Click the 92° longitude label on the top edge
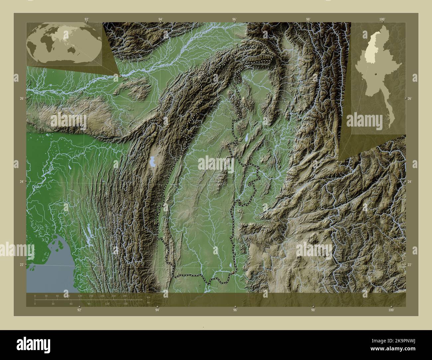(86, 19)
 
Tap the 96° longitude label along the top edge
(235, 19)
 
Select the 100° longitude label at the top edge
(382, 19)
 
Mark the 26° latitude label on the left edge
(21, 99)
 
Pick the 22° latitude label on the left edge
(21, 265)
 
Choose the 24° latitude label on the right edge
(409, 182)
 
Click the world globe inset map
(64, 44)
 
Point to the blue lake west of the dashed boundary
(153, 162)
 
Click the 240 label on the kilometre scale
(125, 296)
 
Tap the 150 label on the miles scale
(125, 304)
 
